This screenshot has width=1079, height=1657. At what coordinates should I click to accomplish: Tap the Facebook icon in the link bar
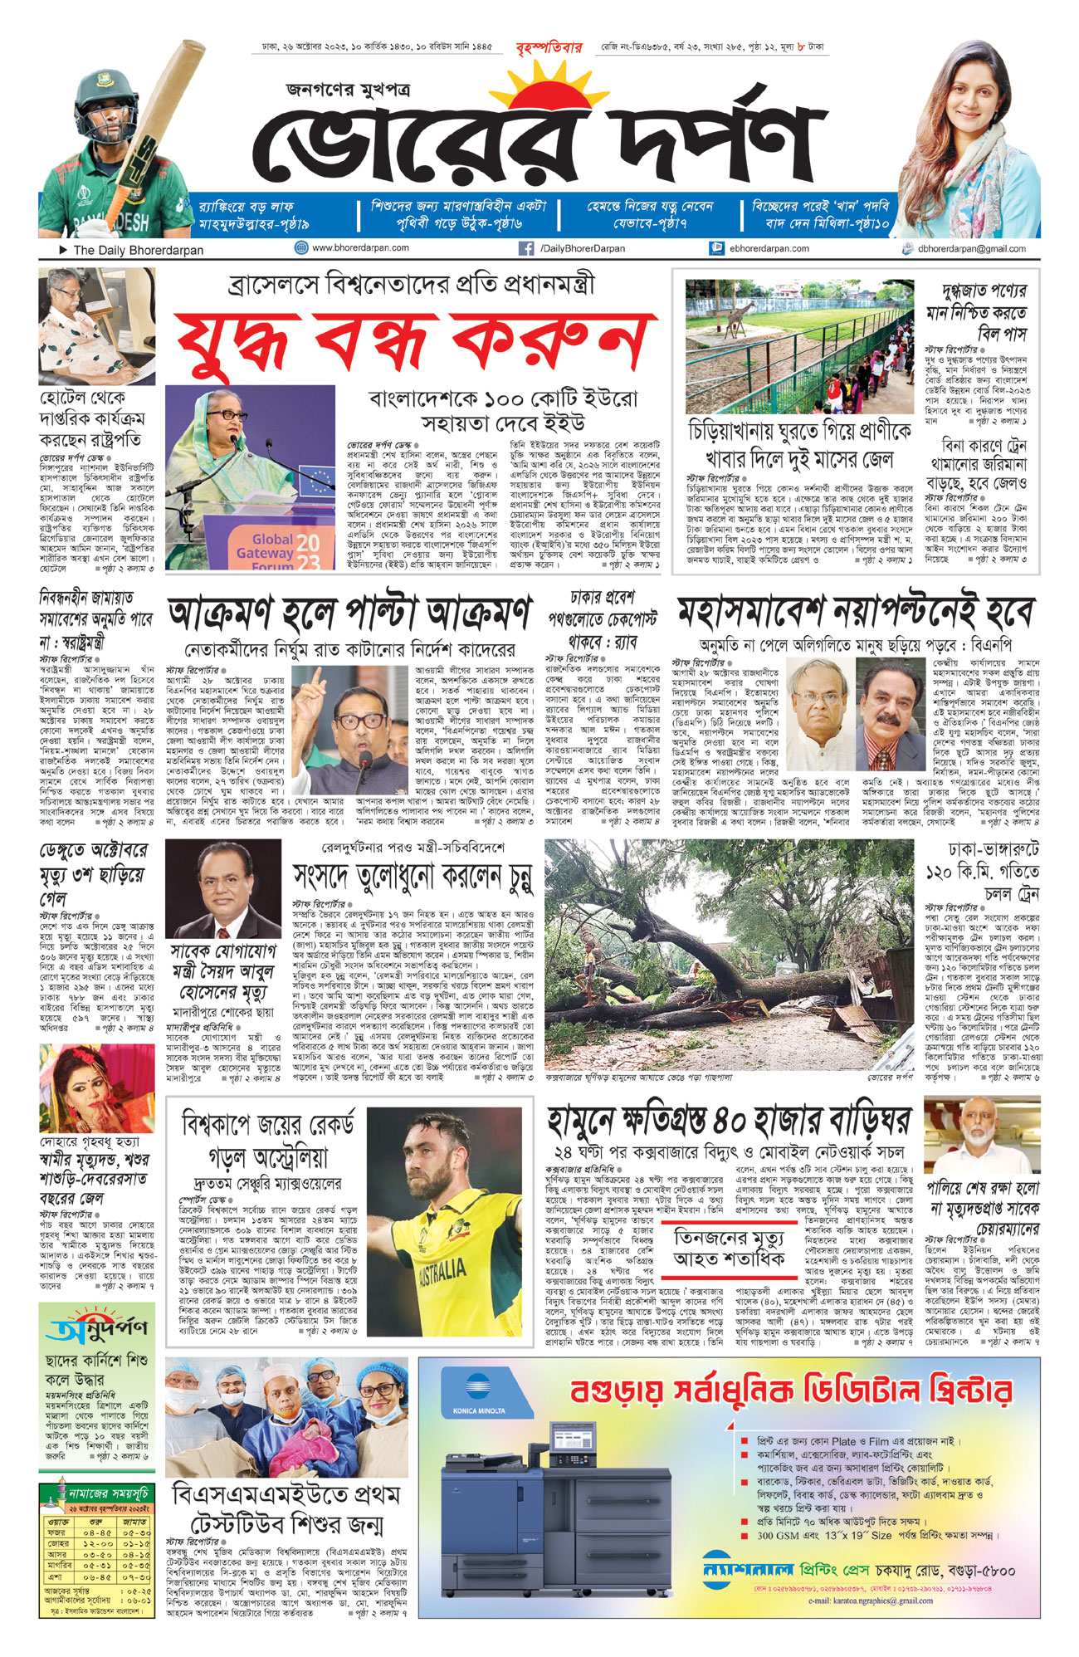coord(525,248)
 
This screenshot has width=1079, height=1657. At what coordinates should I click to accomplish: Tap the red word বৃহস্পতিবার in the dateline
coord(549,47)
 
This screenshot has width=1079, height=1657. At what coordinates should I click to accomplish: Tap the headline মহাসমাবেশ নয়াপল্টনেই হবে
coord(855,613)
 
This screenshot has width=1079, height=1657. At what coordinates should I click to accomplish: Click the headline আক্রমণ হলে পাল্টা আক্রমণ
coord(349,613)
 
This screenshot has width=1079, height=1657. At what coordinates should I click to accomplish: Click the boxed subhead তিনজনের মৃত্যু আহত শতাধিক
coord(729,1247)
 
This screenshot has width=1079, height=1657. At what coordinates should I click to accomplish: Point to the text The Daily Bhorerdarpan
coord(138,249)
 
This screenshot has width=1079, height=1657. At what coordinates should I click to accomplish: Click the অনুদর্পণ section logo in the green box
coord(97,1329)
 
